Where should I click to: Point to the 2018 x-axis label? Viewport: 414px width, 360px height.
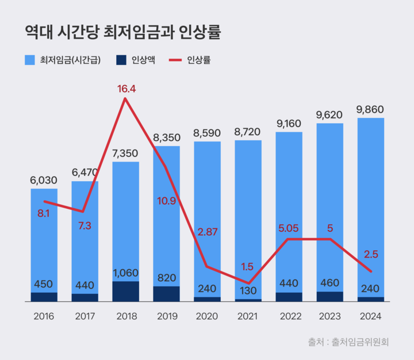[x=125, y=316]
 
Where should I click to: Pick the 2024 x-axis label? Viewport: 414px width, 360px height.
[x=370, y=316]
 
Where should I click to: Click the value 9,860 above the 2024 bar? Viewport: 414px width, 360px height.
[x=370, y=109]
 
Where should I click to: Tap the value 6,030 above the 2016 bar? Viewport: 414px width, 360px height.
[x=44, y=180]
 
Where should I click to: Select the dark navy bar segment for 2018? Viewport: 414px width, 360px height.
[x=125, y=291]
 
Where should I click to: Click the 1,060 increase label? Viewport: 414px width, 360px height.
[x=125, y=273]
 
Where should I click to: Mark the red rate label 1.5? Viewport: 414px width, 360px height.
[x=247, y=266]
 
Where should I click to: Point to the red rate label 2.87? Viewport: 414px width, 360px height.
[x=208, y=232]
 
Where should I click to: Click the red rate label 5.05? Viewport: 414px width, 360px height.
[x=289, y=228]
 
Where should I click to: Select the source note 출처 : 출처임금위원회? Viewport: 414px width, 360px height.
[x=348, y=342]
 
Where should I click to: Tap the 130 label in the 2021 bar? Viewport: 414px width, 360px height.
[x=248, y=291]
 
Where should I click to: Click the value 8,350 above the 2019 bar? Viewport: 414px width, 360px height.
[x=166, y=138]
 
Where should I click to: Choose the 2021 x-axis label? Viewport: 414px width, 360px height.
[x=248, y=316]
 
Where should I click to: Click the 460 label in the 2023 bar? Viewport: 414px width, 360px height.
[x=329, y=283]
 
